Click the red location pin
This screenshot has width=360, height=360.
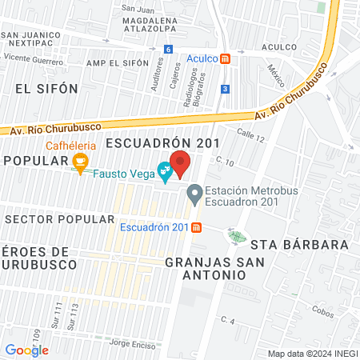pyautogui.click(x=181, y=163)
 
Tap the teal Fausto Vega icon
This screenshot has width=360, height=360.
pyautogui.click(x=164, y=170)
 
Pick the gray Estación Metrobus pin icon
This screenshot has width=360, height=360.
pyautogui.click(x=194, y=193)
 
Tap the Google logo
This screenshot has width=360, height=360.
pyautogui.click(x=26, y=349)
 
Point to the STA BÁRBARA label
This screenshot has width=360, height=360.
pyautogui.click(x=299, y=244)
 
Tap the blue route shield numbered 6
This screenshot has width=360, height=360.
pyautogui.click(x=167, y=49)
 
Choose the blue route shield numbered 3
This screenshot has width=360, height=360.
pyautogui.click(x=226, y=88)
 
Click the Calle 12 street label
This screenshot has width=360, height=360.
pyautogui.click(x=250, y=138)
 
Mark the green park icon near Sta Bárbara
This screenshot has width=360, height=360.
pyautogui.click(x=236, y=235)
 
